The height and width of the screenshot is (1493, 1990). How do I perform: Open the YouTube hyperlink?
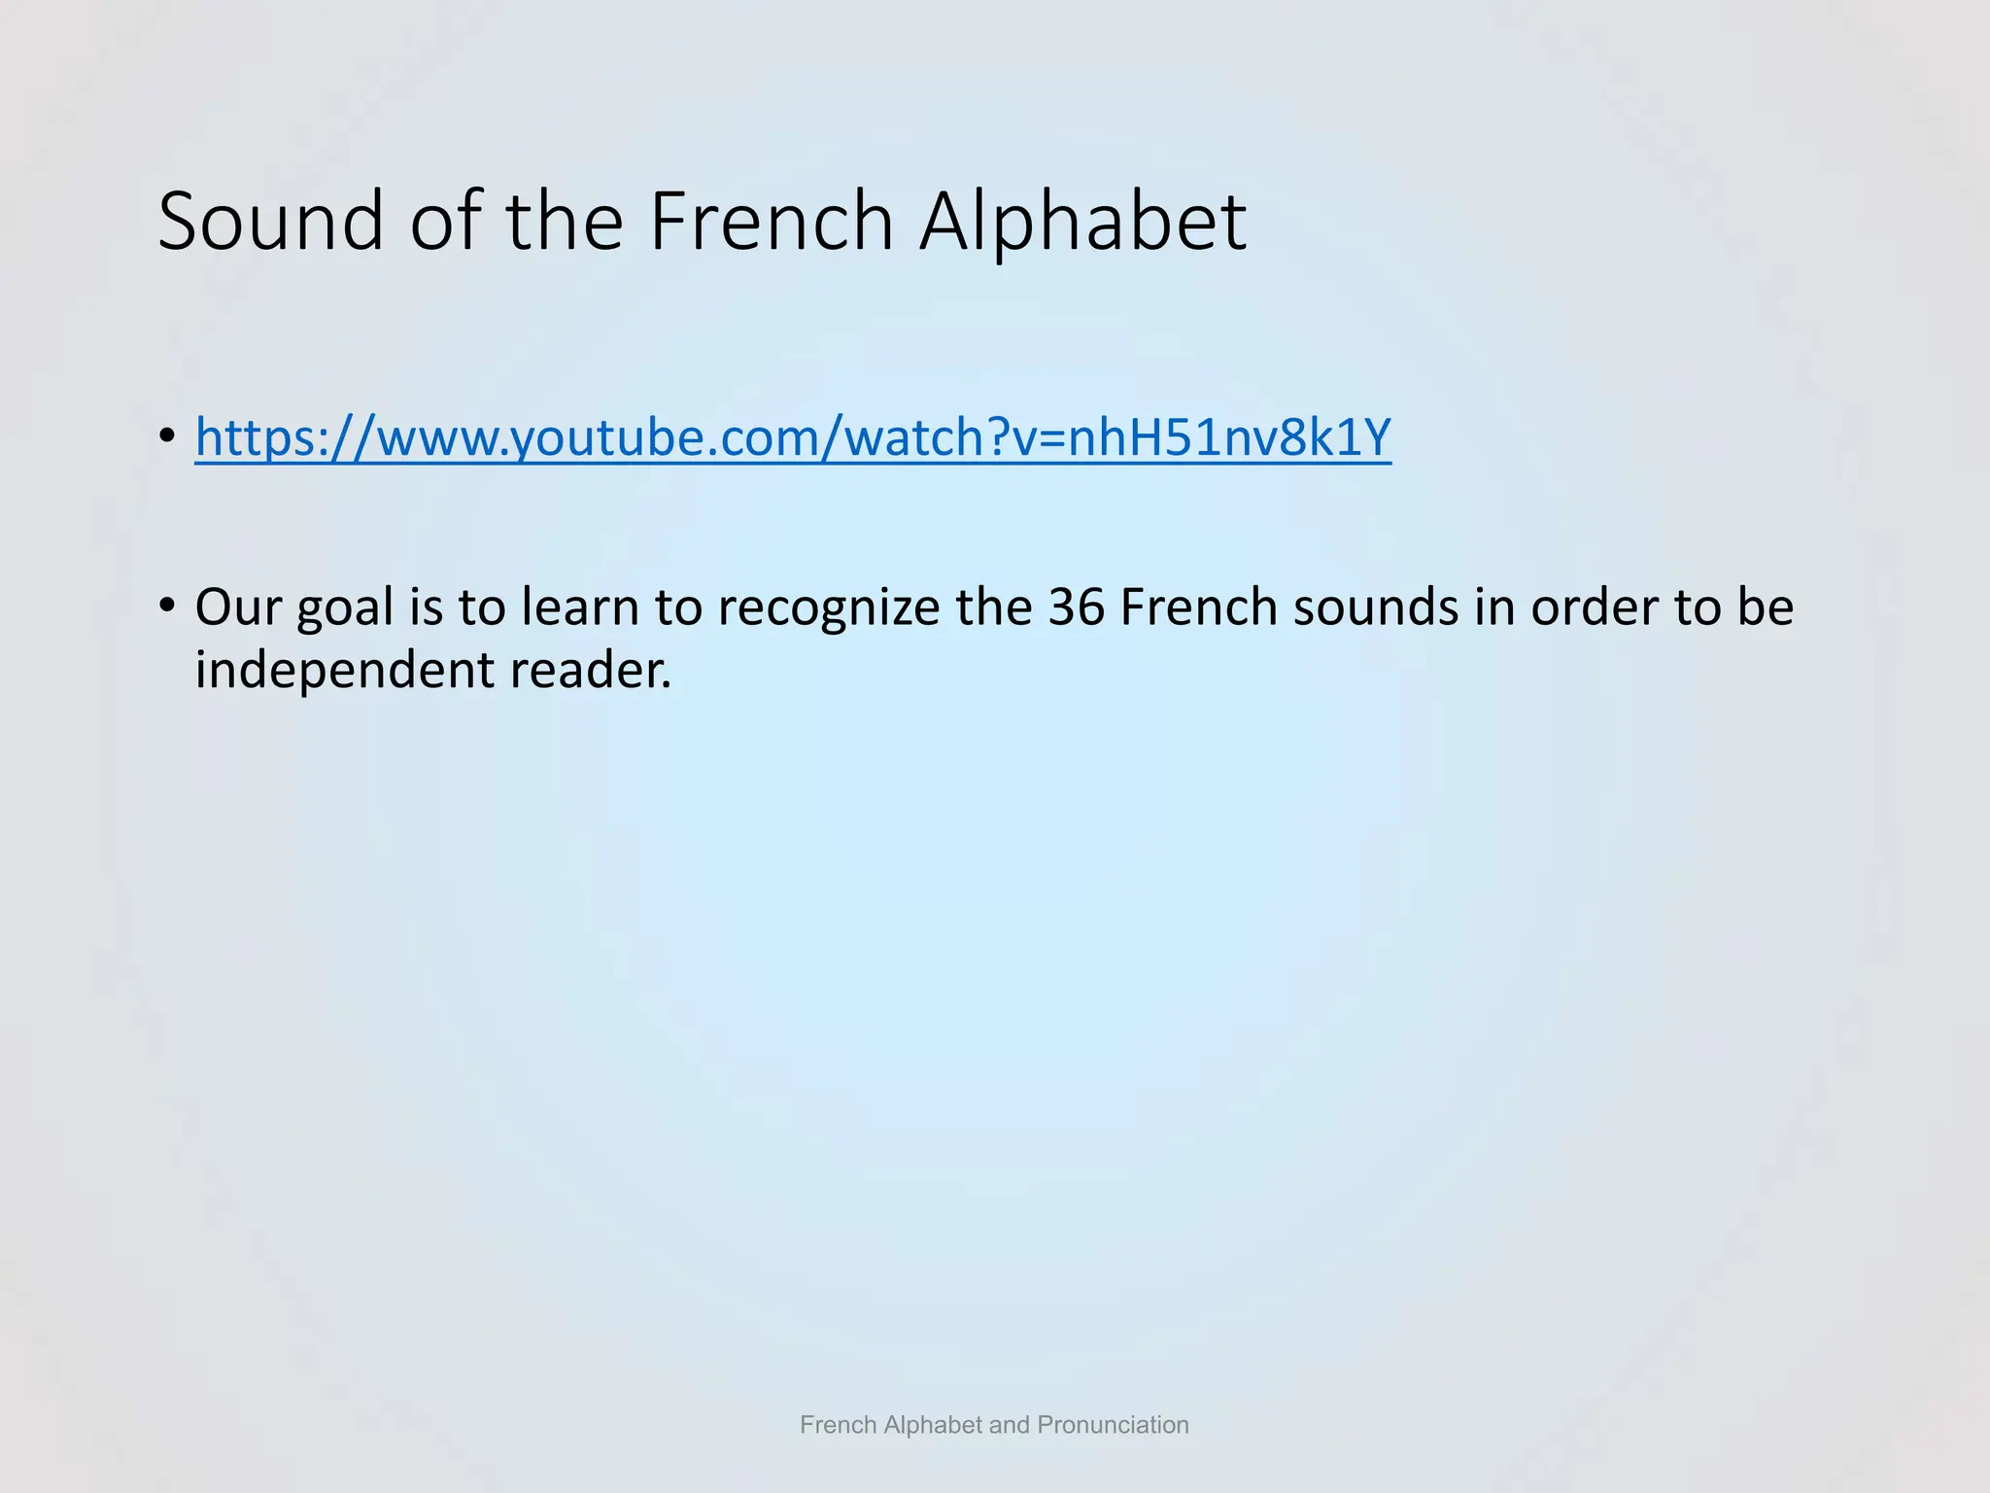(x=793, y=437)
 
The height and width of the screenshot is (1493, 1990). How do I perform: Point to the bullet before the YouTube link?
(x=168, y=434)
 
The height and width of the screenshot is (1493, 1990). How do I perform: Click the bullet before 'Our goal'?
(x=168, y=605)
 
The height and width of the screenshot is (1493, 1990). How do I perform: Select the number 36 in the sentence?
(x=1077, y=607)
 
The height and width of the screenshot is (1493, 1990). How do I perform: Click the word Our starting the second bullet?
(x=238, y=607)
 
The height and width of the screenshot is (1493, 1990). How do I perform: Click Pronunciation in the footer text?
(x=1113, y=1425)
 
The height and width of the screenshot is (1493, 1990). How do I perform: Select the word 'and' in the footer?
(x=1010, y=1425)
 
